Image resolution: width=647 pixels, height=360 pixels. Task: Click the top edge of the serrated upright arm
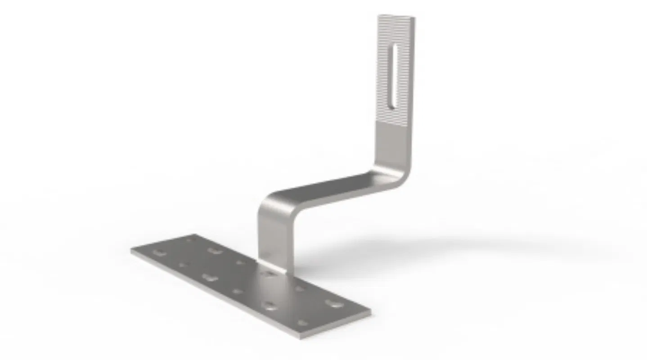[396, 17]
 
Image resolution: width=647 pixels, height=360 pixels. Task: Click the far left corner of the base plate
[132, 250]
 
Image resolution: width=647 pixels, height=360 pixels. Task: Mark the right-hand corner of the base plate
[370, 310]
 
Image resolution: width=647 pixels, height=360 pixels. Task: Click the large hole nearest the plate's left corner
[158, 253]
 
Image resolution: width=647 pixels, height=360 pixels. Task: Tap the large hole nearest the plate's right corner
[335, 304]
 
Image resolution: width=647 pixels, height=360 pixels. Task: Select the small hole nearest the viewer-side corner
[303, 323]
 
